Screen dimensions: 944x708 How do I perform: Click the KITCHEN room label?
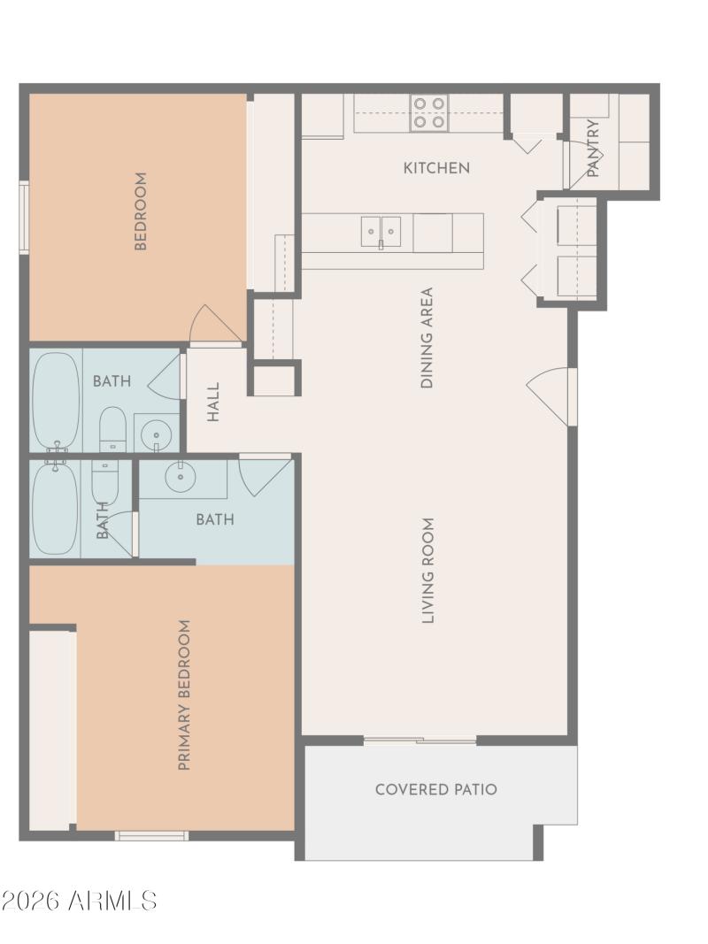pyautogui.click(x=436, y=167)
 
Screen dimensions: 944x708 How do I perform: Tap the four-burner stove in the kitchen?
pyautogui.click(x=429, y=114)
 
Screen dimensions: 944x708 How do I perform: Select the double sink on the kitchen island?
pyautogui.click(x=381, y=232)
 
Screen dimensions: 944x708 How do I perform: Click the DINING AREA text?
pyautogui.click(x=427, y=338)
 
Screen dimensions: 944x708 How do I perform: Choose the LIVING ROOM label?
pyautogui.click(x=428, y=571)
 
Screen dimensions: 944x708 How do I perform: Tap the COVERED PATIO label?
pyautogui.click(x=436, y=789)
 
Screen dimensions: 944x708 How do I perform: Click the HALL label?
pyautogui.click(x=213, y=401)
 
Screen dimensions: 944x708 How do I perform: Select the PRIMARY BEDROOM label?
pyautogui.click(x=185, y=695)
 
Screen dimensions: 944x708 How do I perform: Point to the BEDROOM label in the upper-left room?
pyautogui.click(x=141, y=211)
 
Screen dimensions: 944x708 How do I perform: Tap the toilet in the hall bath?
pyautogui.click(x=112, y=428)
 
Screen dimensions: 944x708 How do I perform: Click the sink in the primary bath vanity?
pyautogui.click(x=181, y=477)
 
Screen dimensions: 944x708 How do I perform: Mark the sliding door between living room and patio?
pyautogui.click(x=419, y=740)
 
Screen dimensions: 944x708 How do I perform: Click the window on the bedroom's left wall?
pyautogui.click(x=24, y=218)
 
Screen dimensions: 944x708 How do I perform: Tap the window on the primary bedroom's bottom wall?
pyautogui.click(x=151, y=835)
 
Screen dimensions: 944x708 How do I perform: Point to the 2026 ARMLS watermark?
pyautogui.click(x=80, y=901)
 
